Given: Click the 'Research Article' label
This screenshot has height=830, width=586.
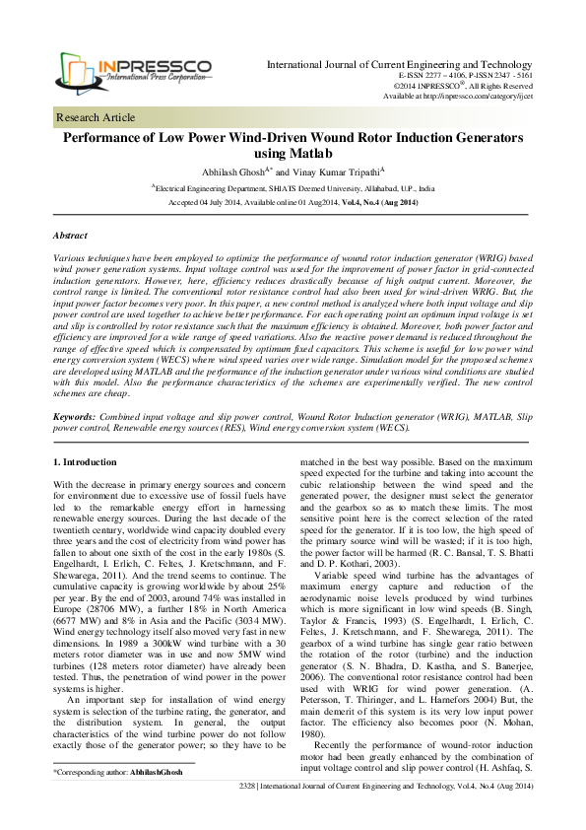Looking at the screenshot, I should [x=96, y=117].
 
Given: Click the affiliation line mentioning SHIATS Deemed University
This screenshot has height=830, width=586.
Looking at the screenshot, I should [x=293, y=186].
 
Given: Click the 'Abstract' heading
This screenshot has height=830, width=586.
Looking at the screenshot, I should [x=70, y=238].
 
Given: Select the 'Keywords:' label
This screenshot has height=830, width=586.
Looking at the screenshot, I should [x=74, y=419].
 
